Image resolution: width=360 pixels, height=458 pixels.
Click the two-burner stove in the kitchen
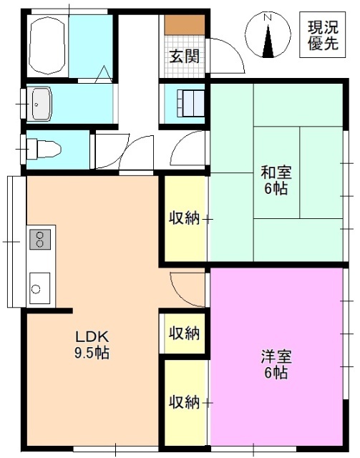(x=40, y=238)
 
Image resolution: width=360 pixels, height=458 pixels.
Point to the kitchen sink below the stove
(x=39, y=288)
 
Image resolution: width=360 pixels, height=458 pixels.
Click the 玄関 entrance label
(x=184, y=57)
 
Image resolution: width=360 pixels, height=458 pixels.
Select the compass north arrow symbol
(x=268, y=42)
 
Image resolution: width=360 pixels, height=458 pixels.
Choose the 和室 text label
(x=275, y=172)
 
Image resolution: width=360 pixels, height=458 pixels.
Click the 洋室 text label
(x=275, y=356)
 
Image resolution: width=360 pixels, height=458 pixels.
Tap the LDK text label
(x=92, y=336)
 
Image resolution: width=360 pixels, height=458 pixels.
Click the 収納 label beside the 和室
(x=183, y=218)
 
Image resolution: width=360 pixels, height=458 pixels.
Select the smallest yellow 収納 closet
(x=183, y=333)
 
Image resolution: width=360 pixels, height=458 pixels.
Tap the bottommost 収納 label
(x=183, y=402)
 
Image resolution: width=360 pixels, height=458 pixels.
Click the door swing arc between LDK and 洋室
(x=183, y=286)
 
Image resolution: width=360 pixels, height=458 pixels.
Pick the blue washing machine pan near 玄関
(x=185, y=103)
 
